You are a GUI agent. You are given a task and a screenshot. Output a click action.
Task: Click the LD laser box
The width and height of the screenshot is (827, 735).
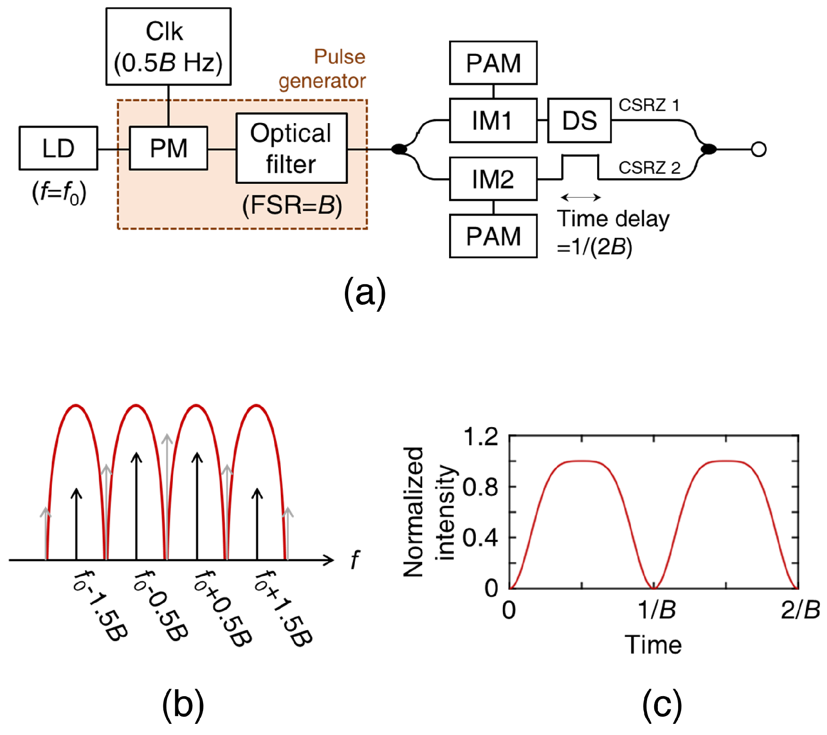coord(58,148)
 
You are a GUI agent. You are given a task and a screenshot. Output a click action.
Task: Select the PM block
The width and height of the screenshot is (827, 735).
coord(168,148)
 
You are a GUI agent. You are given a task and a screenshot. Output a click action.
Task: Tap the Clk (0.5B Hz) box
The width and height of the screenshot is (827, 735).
coord(168,46)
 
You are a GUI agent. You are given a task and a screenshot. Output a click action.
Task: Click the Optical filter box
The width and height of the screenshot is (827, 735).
coord(292,148)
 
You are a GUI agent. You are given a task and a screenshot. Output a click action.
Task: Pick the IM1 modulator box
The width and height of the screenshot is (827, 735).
coord(493,121)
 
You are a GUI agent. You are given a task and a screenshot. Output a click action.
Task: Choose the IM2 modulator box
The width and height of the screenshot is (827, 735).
coord(493,179)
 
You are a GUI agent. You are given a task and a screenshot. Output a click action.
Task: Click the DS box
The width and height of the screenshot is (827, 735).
coord(579,121)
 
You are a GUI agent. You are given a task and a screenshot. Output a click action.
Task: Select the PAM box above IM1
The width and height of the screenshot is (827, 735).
coord(493,63)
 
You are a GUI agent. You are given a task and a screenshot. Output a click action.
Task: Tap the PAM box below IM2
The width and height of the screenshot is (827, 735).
coord(493,236)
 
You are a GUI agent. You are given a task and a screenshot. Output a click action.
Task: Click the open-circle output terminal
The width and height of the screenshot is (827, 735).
coord(758,149)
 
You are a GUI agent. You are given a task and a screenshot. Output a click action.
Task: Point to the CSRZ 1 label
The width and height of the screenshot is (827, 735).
coord(648,105)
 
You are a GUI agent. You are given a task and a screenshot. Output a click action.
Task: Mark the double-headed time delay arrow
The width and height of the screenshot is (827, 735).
coord(581,197)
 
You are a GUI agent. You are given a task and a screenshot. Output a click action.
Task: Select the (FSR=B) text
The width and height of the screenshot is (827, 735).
coord(292,205)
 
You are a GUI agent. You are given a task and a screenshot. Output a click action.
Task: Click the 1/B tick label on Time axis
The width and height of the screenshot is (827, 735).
coord(656,610)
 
